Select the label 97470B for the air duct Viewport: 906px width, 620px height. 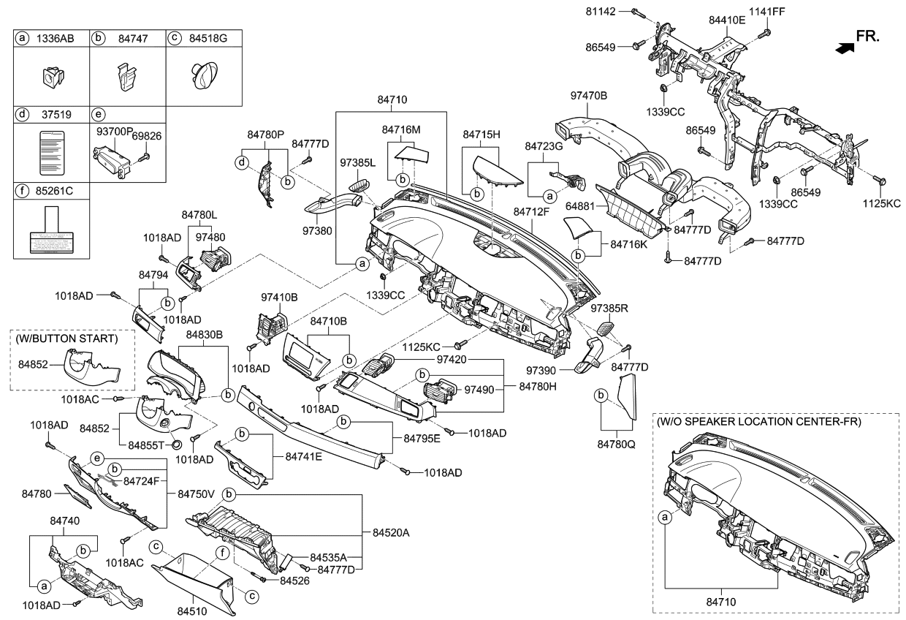click(x=589, y=95)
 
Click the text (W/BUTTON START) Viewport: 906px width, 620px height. click(x=72, y=339)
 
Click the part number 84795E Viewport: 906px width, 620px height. click(x=422, y=439)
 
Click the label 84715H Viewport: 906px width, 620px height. click(x=481, y=135)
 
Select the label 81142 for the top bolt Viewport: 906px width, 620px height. click(x=601, y=12)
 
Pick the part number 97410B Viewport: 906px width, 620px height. click(x=279, y=298)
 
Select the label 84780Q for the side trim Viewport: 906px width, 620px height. click(x=617, y=444)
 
